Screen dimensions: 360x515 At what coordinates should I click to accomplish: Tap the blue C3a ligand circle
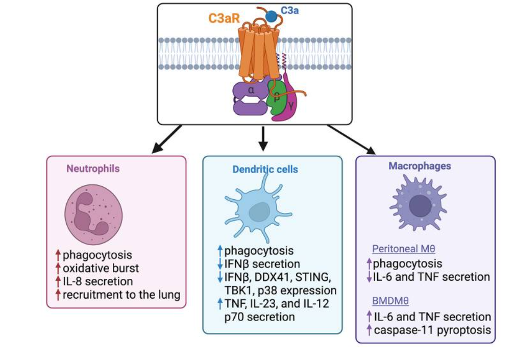pos(272,16)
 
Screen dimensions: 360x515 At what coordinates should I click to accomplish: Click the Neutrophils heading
pos(93,168)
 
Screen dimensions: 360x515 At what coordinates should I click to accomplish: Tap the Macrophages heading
pos(420,166)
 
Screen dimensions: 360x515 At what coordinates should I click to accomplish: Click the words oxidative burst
pos(100,268)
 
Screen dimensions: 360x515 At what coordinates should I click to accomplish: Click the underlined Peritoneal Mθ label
pos(404,250)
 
